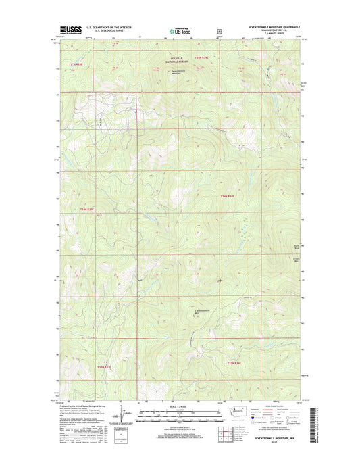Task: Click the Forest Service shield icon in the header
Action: (x=218, y=30)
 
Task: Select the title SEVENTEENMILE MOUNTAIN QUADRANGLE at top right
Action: (x=276, y=27)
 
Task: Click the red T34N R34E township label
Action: (x=228, y=196)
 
